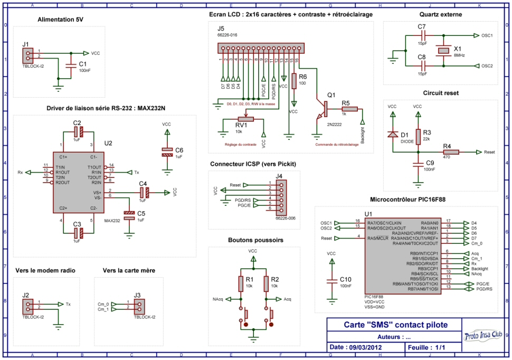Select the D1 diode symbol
click(x=392, y=134)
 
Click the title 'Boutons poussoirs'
click(x=255, y=240)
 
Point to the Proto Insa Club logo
click(x=482, y=336)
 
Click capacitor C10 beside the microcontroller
click(x=331, y=279)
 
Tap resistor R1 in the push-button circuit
click(x=241, y=284)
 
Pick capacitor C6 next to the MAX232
click(x=167, y=151)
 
